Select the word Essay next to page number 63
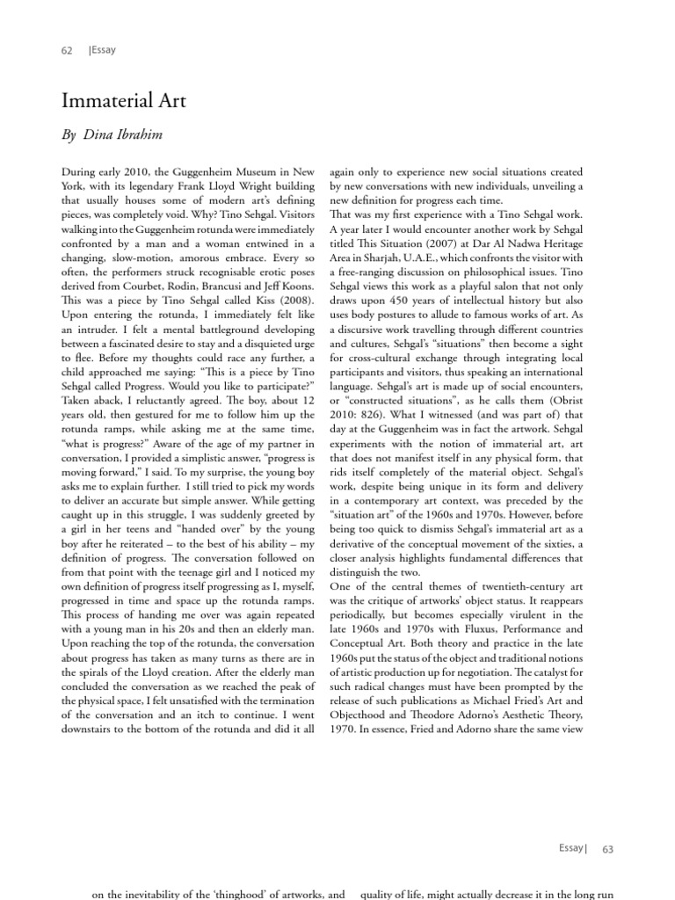[x=572, y=847]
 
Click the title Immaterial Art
[x=123, y=102]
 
